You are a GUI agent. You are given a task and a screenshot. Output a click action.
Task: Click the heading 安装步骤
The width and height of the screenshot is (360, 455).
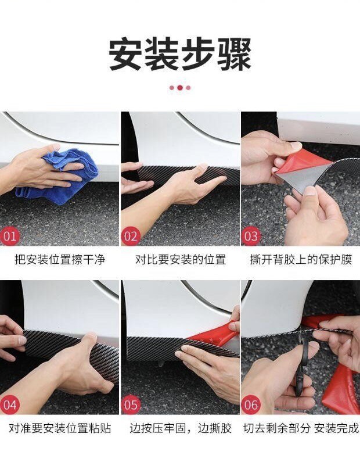pos(180,55)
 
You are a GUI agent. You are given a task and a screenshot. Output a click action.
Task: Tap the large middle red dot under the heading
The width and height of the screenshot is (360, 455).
pos(180,88)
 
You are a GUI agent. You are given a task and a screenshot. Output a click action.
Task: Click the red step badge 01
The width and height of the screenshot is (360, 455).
pos(9,236)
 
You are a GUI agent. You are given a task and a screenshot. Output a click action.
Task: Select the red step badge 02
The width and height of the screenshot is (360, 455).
pos(131,236)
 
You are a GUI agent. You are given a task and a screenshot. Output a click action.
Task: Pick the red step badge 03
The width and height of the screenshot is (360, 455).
pos(251,236)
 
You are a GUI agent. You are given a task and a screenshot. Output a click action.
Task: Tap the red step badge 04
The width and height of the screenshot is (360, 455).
pos(9,404)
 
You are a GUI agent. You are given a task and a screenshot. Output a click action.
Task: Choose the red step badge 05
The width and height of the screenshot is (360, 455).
pos(131,404)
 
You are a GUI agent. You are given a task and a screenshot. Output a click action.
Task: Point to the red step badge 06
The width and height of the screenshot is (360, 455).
pos(251,404)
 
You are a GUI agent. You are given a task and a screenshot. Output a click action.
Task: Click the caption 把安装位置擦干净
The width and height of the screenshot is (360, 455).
pos(60,259)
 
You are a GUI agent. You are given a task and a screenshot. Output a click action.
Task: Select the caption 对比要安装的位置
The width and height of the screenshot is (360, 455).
pos(180,259)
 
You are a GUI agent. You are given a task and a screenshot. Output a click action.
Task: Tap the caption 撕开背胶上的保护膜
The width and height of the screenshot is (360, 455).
pos(301,259)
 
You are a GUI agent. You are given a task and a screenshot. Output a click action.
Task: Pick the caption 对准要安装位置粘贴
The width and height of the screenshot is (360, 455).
pos(60,428)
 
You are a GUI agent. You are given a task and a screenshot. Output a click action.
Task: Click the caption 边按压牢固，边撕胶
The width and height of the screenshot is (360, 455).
pos(180,428)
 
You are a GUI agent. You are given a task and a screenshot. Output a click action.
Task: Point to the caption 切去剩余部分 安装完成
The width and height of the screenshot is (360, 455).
pos(301,428)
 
